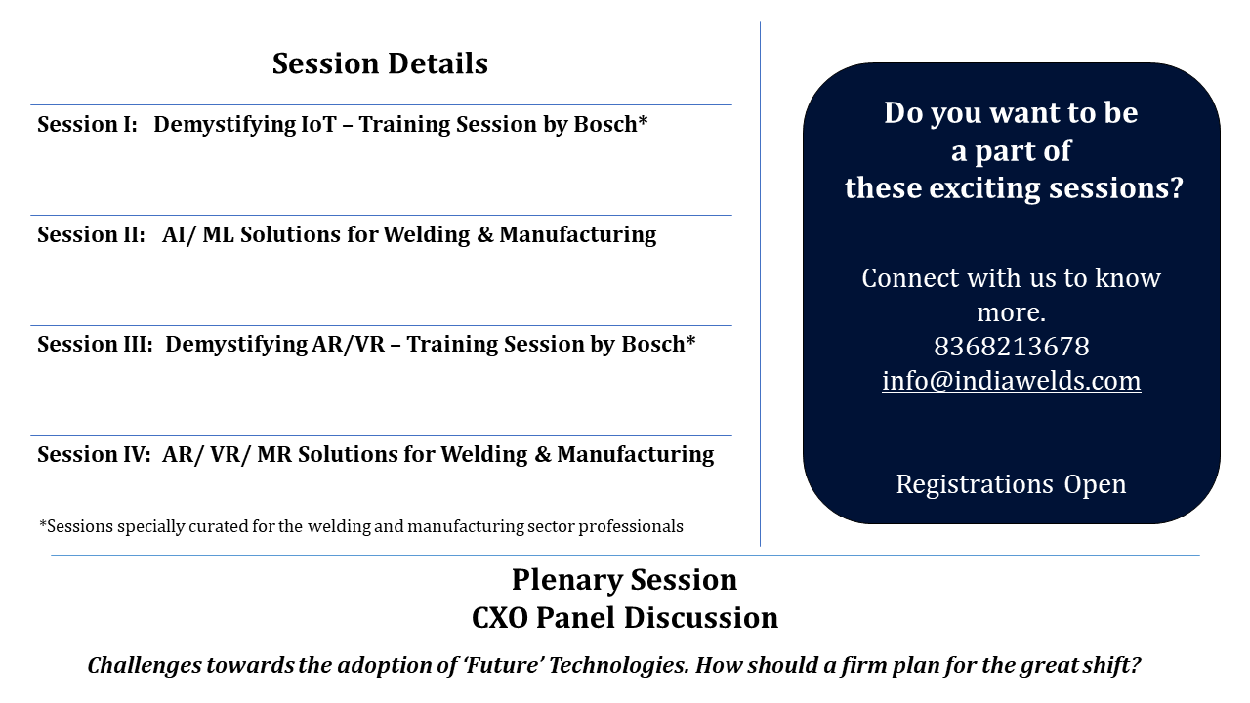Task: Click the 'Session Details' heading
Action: pos(380,63)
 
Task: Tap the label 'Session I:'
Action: pos(87,124)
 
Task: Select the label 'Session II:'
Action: pos(91,235)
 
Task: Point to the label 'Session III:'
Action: pos(95,345)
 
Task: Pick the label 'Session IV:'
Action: pos(94,455)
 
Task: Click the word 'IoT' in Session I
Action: pos(318,124)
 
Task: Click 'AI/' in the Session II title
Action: pos(179,235)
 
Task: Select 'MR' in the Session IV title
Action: pos(274,455)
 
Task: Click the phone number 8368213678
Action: pos(1011,347)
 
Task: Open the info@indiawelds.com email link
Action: pos(1011,381)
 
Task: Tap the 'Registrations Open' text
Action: pos(1011,484)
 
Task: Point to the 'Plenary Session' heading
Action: pos(624,580)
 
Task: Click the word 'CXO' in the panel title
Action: pos(500,618)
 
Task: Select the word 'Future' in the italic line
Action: pos(505,665)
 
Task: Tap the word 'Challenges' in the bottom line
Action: pos(144,666)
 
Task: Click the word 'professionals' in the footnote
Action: pos(631,526)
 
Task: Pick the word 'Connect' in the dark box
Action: pos(911,278)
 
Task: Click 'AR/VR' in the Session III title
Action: pos(349,345)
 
